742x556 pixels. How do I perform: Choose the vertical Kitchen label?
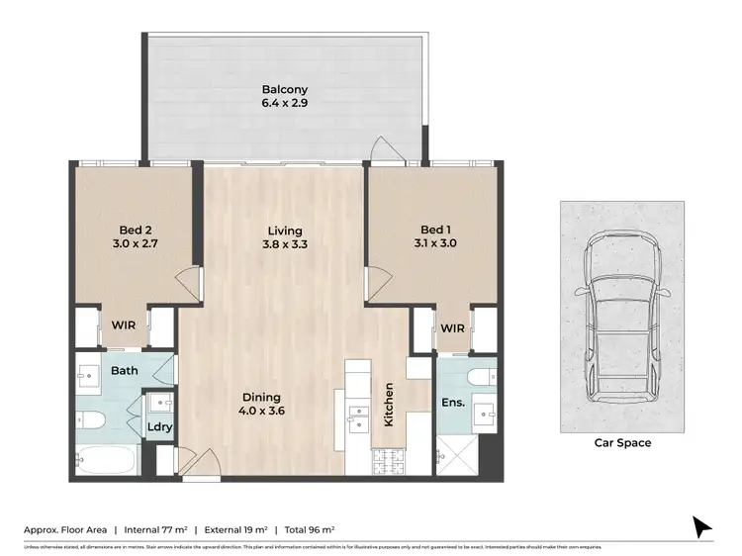click(x=390, y=405)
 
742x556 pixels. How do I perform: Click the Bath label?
click(x=124, y=371)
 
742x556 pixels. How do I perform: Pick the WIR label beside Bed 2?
click(x=124, y=324)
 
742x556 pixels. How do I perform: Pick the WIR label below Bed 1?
click(x=452, y=327)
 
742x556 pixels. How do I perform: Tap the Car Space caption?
click(x=622, y=443)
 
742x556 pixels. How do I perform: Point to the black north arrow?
click(x=702, y=526)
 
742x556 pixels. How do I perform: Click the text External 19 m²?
click(x=236, y=527)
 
